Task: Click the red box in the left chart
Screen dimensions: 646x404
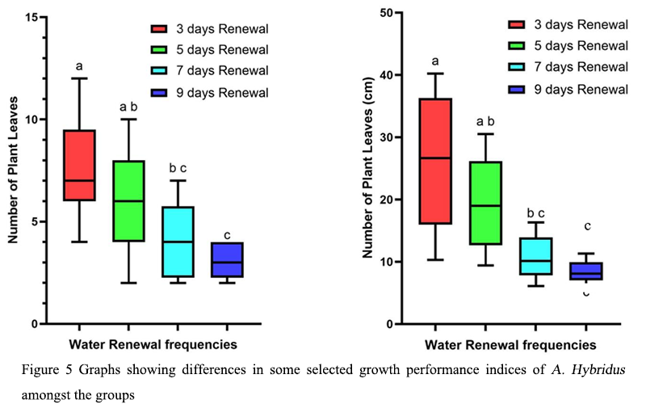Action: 79,166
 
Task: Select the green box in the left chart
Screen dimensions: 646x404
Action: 128,200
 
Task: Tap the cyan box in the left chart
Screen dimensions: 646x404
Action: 178,242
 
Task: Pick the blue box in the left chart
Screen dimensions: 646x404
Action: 227,259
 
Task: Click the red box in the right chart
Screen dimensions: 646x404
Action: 435,161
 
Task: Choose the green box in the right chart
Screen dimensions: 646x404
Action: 486,203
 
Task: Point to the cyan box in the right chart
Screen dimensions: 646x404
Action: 535,256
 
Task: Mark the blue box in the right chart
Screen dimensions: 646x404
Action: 586,271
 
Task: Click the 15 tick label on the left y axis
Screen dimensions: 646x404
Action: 31,17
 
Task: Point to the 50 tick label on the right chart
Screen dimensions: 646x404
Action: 386,13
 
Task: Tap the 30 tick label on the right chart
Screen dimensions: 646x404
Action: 386,137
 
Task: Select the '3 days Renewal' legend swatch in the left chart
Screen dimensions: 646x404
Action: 159,29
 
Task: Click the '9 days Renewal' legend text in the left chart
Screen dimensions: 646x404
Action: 223,93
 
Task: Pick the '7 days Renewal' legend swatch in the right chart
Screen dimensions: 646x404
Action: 517,67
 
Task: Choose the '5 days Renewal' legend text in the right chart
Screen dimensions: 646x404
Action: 581,46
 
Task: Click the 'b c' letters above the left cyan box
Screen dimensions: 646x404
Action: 178,168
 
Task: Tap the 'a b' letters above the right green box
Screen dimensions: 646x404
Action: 485,122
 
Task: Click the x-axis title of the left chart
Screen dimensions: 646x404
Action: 153,345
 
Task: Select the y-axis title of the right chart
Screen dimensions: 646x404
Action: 367,168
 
